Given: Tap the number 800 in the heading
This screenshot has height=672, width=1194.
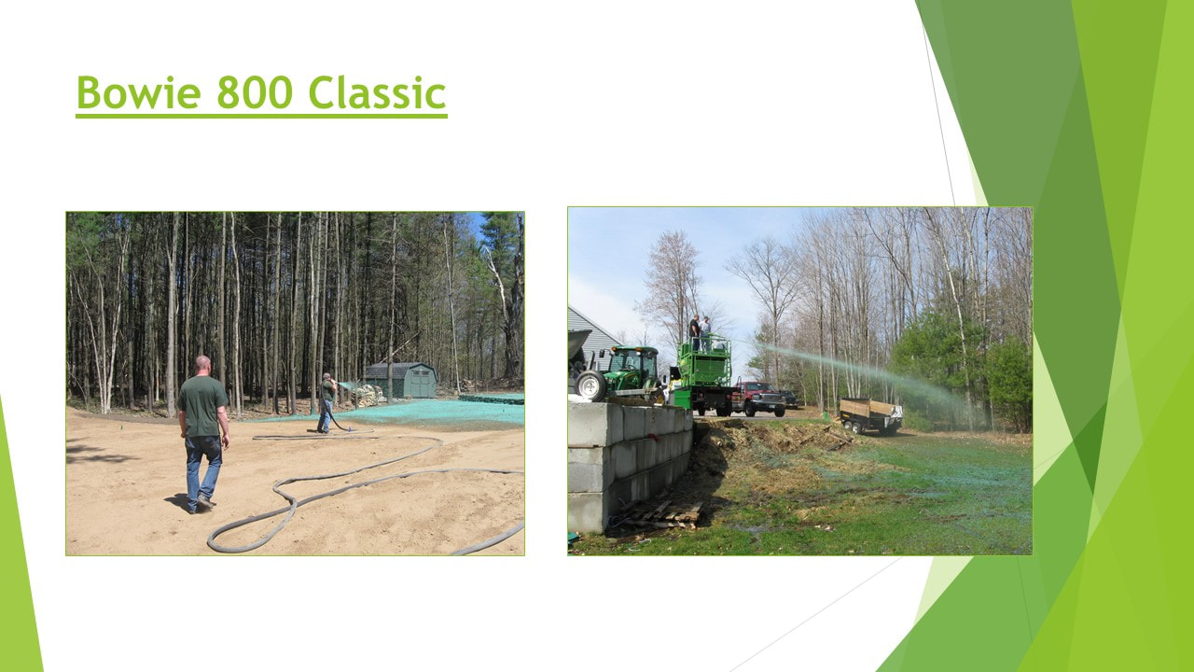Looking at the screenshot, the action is point(255,92).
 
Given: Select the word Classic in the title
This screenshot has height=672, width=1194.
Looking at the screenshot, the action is point(377,92).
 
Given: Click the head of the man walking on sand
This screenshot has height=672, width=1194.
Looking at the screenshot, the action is point(202,365).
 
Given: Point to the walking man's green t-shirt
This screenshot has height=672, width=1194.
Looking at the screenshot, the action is point(201,405).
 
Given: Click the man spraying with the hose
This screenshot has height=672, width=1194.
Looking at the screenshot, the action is point(326,402).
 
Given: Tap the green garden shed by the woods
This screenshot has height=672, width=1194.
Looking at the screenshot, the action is point(401,380).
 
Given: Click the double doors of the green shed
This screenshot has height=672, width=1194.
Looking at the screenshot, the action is point(420,384).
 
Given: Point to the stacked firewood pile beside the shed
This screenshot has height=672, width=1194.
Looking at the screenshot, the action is point(368,395).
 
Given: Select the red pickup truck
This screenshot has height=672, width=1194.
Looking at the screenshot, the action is point(758,399).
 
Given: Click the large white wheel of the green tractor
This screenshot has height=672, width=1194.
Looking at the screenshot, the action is point(591,385).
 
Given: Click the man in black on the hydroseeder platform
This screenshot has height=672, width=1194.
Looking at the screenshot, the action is point(694,332).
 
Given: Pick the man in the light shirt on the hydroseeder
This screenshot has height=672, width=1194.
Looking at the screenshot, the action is point(705,333).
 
